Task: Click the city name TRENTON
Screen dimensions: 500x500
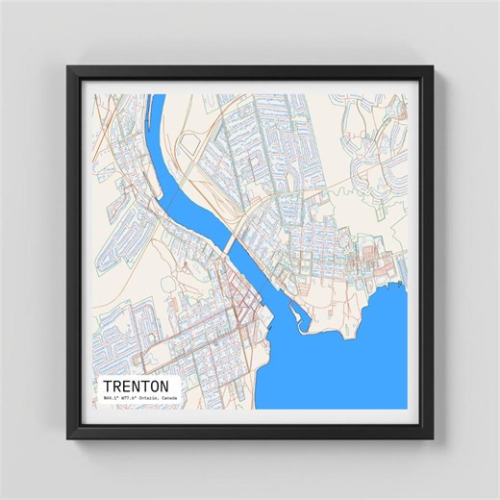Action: [135, 382]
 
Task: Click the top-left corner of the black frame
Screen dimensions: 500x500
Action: [67, 66]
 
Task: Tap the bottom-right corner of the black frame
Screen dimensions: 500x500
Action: [433, 439]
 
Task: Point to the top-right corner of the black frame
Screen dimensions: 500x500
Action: [433, 66]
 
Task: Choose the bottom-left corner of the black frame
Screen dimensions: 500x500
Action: [67, 439]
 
